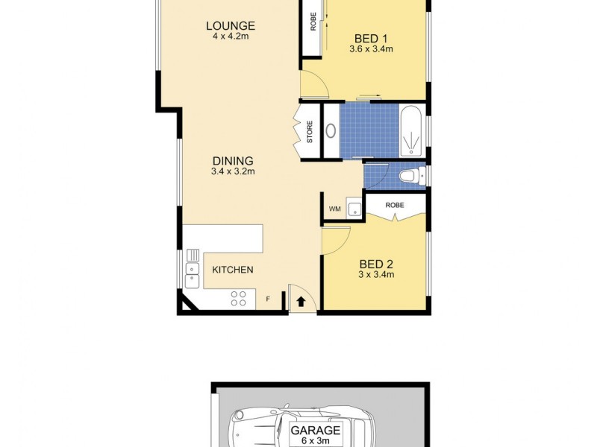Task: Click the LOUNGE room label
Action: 231,26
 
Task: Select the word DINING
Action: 233,160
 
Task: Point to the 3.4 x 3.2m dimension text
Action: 233,171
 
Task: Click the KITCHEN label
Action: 233,270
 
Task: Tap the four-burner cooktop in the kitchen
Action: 239,298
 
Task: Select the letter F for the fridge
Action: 268,300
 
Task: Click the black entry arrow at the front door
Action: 301,301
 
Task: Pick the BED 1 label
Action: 371,38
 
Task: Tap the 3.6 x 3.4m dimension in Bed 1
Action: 371,49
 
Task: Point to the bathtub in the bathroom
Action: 411,132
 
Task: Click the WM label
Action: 335,209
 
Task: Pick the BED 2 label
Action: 376,263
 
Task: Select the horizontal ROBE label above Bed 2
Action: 395,205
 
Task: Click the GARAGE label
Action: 316,430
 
